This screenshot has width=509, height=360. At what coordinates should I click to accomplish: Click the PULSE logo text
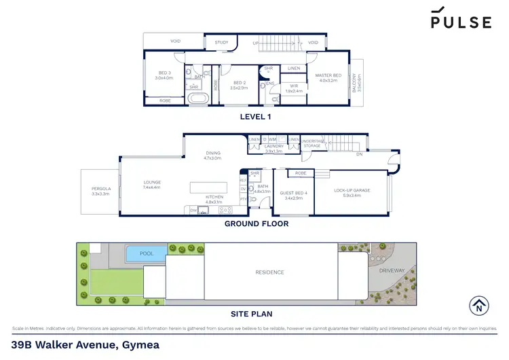tap(461, 22)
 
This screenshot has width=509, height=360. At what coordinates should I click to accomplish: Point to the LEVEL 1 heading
tap(257, 116)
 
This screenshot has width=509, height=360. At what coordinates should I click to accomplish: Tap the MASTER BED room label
tap(328, 77)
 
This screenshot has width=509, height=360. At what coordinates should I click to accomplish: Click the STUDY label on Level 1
tap(221, 42)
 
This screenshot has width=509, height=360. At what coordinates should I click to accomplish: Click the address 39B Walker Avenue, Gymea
tap(86, 344)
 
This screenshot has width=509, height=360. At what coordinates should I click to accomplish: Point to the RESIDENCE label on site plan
tap(269, 272)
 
